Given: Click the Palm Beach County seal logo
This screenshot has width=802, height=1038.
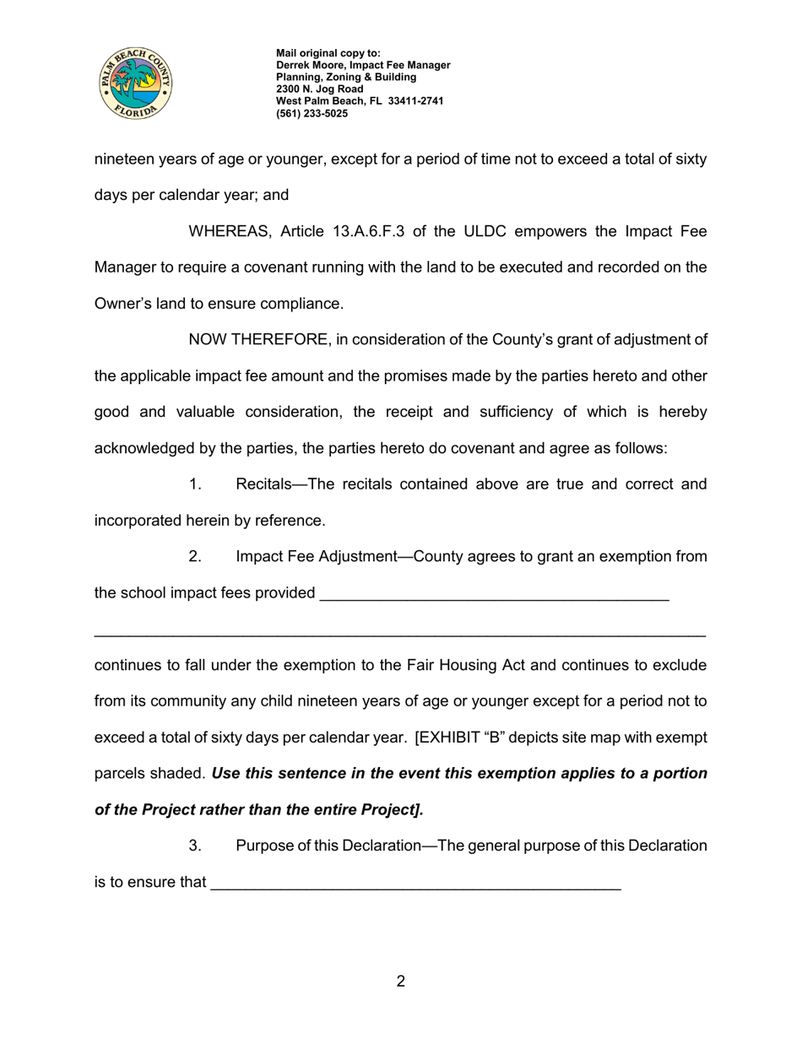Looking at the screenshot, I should pos(136,83).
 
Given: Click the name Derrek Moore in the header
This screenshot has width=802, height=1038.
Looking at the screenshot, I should pos(309,65).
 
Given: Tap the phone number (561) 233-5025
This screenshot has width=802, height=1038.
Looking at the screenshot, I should pos(312,113).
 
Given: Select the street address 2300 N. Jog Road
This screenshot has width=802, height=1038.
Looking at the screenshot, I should pos(320,89).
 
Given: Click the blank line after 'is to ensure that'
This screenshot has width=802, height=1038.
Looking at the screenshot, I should pos(415,883).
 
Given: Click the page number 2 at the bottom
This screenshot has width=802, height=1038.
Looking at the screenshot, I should pos(401,981).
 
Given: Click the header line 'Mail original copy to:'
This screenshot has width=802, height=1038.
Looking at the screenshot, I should pos(328,53).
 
